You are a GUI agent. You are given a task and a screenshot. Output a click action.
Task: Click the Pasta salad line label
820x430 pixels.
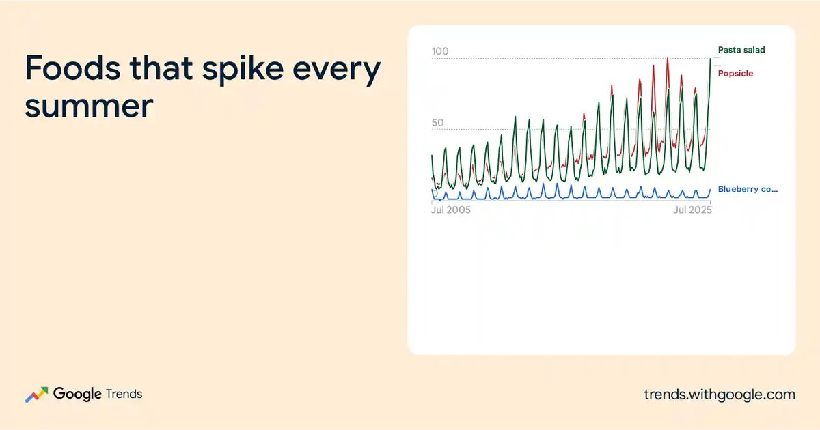(x=741, y=50)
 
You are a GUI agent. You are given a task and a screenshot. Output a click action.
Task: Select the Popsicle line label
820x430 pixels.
(x=735, y=74)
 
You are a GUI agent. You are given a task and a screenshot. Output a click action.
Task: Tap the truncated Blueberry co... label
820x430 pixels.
(x=748, y=189)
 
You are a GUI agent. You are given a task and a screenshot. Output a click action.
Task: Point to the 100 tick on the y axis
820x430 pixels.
(x=440, y=51)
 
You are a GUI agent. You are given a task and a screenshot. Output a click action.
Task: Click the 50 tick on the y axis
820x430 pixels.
(x=438, y=122)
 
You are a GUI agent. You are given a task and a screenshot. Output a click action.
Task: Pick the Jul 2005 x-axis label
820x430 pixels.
(x=450, y=210)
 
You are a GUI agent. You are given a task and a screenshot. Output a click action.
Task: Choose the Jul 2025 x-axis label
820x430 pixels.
(x=692, y=210)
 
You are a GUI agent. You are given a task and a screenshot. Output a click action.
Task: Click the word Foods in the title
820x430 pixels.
(x=73, y=68)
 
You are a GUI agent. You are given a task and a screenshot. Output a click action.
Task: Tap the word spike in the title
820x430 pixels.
(x=243, y=70)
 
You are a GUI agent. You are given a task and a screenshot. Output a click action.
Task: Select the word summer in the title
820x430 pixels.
(x=89, y=106)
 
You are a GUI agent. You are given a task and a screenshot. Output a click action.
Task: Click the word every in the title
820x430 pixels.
(x=337, y=71)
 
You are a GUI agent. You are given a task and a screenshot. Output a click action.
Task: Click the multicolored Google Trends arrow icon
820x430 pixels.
(x=37, y=395)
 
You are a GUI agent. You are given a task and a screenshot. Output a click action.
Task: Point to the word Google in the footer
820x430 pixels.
(x=77, y=395)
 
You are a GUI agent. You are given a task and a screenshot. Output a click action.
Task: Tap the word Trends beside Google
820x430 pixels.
(x=124, y=395)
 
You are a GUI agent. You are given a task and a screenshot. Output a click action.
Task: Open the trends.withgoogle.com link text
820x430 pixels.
(x=720, y=395)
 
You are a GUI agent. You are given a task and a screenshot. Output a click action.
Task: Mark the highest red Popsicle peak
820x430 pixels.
(x=668, y=59)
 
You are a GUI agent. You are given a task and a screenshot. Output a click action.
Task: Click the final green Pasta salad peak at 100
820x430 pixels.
(x=711, y=59)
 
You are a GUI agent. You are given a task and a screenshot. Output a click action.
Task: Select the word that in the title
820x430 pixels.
(x=161, y=68)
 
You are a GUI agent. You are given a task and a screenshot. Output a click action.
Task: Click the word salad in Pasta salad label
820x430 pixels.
(x=752, y=50)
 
